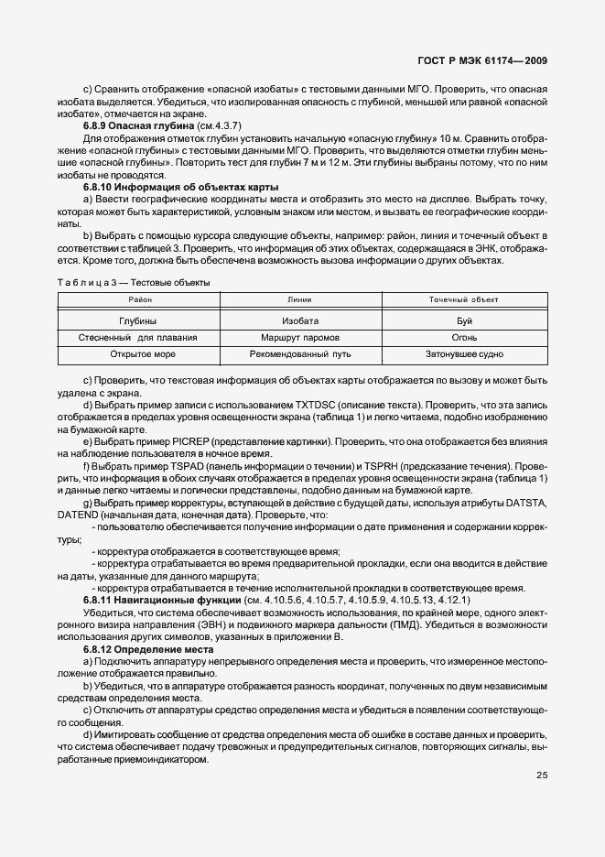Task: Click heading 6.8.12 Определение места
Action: coord(141,648)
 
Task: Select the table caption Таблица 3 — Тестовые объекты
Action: coord(134,282)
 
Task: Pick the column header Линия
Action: coord(299,299)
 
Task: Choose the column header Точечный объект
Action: coord(464,299)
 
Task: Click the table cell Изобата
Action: coord(300,321)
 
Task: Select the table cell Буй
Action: coord(464,321)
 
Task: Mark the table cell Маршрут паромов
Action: coord(300,338)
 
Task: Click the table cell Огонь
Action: coord(464,338)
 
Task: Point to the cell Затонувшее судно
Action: coord(464,354)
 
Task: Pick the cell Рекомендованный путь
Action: coord(300,354)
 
